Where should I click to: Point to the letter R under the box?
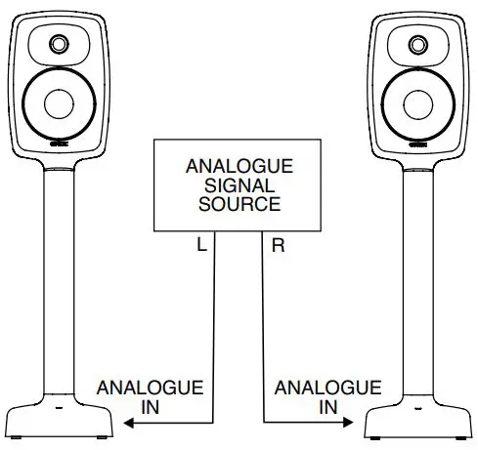coord(278,247)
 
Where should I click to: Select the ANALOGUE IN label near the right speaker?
coord(314,396)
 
